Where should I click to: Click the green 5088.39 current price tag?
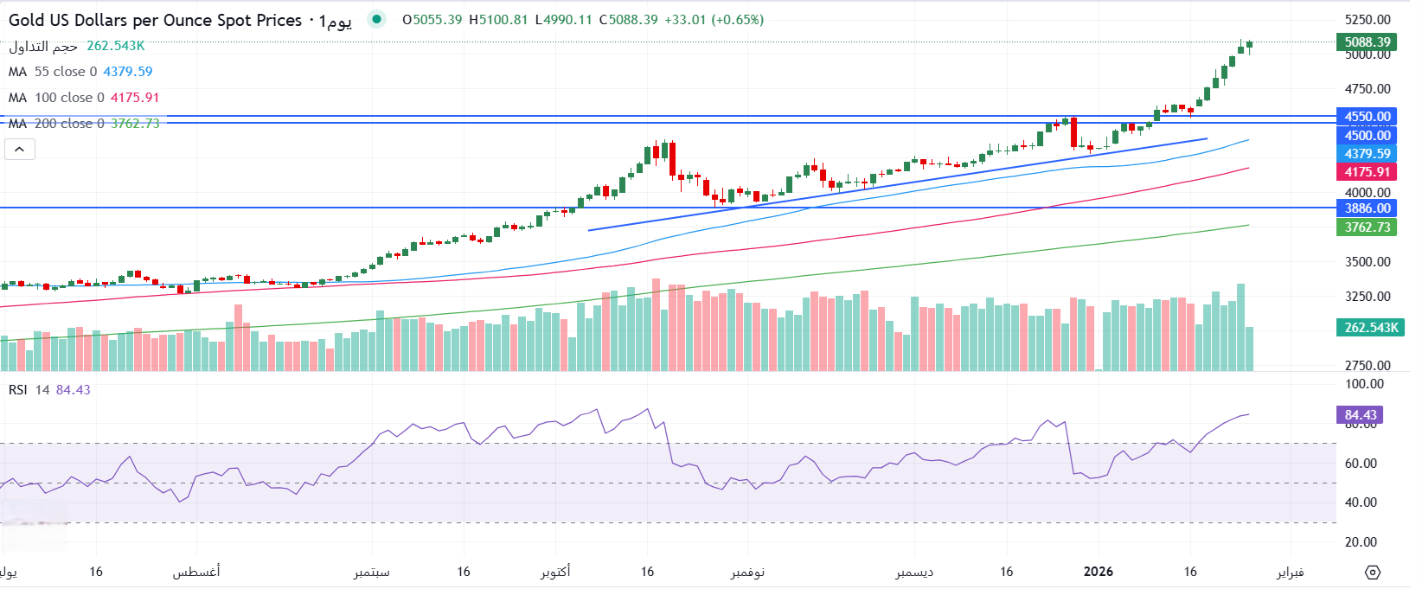[1367, 42]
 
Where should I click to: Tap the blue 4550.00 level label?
[1367, 117]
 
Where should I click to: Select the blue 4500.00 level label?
[1367, 136]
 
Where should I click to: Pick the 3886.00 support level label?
[1367, 208]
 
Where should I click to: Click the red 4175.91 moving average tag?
[1367, 172]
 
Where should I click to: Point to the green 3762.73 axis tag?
[1367, 227]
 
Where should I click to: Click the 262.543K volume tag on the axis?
[1370, 328]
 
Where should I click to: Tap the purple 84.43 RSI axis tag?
[1361, 415]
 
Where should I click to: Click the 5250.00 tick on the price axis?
[1368, 20]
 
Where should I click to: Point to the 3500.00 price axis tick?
[1368, 262]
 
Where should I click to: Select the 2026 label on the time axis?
[1099, 572]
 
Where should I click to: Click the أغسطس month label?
[196, 572]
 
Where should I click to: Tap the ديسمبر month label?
[914, 572]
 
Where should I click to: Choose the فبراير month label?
[1290, 572]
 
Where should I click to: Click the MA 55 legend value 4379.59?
[128, 72]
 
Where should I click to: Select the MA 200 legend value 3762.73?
[135, 124]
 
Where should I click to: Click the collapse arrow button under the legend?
[20, 150]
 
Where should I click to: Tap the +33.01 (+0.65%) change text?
[714, 20]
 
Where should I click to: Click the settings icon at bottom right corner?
[1373, 572]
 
